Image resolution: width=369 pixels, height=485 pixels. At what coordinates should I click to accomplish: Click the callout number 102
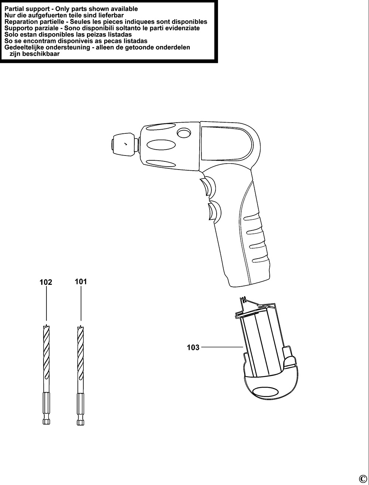[x=46, y=282]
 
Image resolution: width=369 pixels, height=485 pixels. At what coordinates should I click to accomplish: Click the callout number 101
[x=81, y=282]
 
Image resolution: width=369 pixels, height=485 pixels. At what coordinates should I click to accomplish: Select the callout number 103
[x=193, y=348]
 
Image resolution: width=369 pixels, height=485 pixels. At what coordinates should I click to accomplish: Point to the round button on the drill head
[x=184, y=133]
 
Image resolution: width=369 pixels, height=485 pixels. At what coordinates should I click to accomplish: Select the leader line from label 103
[x=222, y=347]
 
